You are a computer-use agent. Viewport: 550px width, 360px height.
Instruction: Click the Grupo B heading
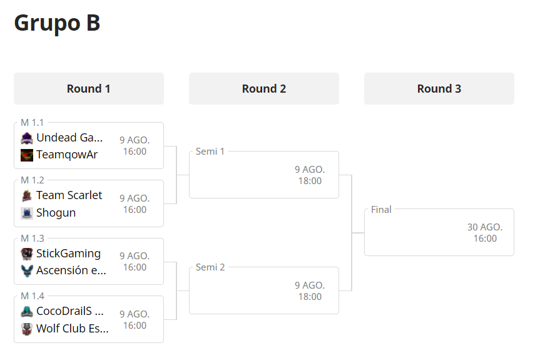coord(57,24)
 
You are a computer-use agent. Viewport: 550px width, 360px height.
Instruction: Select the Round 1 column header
coord(89,88)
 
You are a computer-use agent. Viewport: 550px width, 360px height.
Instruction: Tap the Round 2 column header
coord(264,88)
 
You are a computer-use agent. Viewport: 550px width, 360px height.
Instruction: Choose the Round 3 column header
coord(439,88)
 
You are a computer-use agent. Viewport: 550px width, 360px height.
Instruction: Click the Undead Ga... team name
coord(69,138)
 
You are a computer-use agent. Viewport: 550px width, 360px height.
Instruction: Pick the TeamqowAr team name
coord(67,155)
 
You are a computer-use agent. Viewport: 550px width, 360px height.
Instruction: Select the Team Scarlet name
coord(69,195)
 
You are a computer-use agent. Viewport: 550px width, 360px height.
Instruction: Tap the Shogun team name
coord(56,213)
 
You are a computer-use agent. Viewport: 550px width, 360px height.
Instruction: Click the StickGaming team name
coord(68,254)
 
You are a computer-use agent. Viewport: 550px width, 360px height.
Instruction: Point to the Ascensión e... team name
coord(71,270)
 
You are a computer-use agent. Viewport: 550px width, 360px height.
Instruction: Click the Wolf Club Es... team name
coord(73,329)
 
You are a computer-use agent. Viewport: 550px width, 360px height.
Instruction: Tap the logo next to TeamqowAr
coord(27,155)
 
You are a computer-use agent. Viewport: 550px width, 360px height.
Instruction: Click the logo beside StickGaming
coord(27,254)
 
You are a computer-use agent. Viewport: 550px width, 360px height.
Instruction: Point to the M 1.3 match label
coord(33,239)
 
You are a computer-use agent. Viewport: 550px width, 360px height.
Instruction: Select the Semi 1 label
coord(210,152)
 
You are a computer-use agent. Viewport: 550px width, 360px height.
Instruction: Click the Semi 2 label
coord(210,267)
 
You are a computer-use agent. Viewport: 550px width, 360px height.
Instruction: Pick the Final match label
coord(381,210)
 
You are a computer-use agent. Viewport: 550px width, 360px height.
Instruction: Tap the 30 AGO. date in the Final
coord(485,227)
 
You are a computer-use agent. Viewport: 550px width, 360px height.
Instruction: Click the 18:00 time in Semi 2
coord(310,297)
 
